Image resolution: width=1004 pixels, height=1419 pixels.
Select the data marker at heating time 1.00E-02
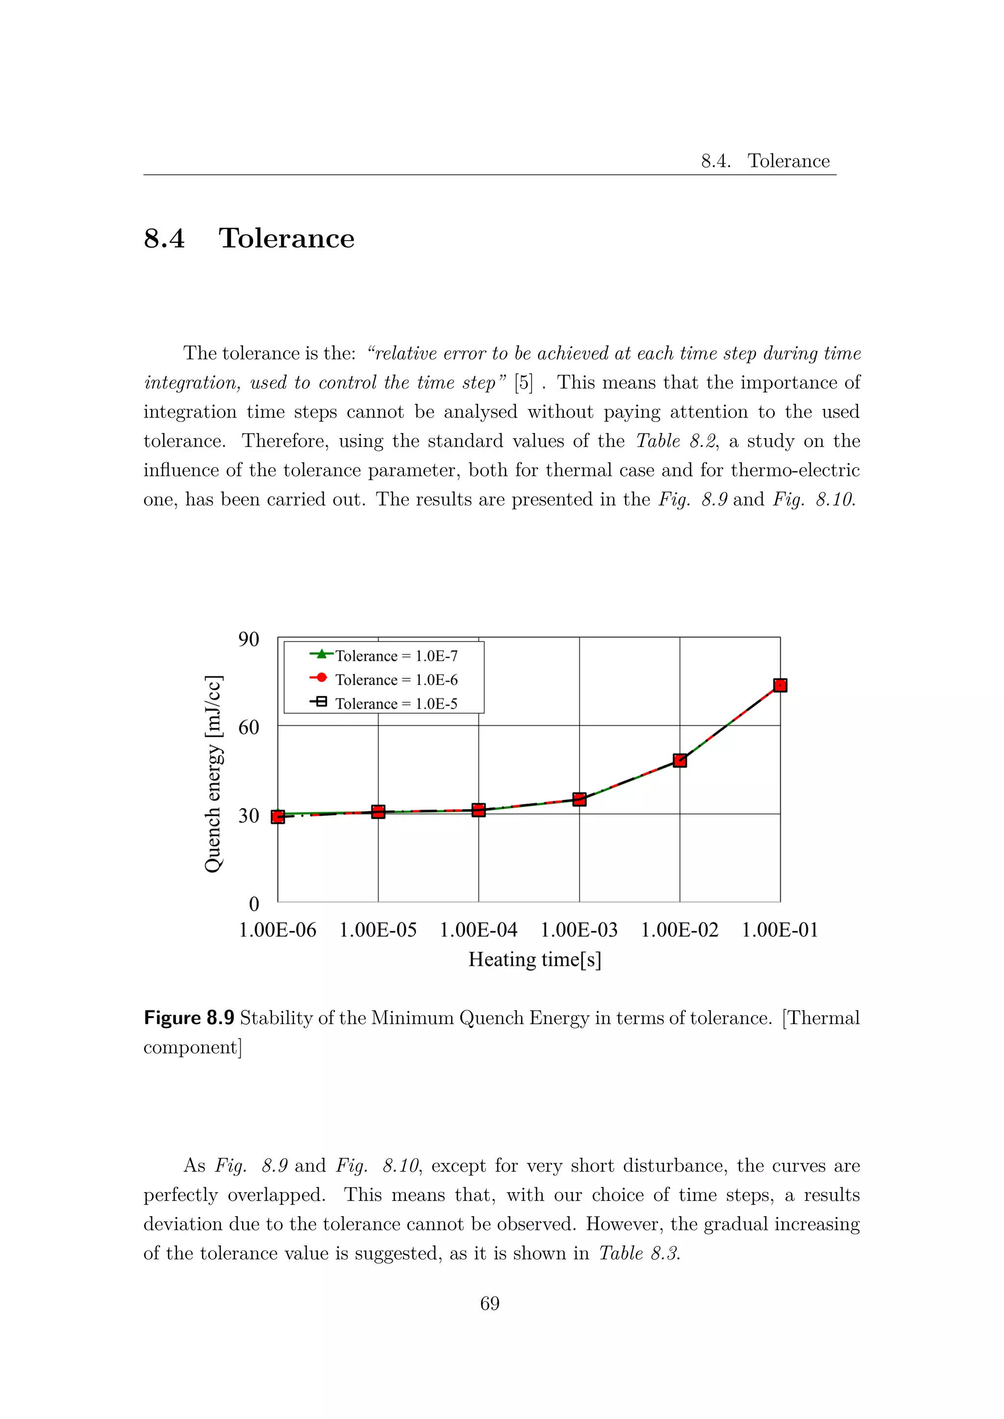680,760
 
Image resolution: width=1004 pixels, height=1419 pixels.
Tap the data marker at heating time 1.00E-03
579,799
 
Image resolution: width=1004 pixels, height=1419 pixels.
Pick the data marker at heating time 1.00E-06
278,816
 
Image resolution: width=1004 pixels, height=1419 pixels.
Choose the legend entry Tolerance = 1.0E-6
396,680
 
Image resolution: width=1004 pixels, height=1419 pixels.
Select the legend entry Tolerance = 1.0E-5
396,704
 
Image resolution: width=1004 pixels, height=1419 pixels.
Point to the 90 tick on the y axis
249,639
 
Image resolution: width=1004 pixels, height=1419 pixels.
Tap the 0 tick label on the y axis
253,904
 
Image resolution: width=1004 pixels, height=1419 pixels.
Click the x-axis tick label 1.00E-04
478,930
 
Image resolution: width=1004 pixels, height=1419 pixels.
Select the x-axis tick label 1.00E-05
378,930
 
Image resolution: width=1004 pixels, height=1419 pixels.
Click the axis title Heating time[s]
535,959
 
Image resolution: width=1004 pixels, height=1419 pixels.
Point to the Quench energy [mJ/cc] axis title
213,774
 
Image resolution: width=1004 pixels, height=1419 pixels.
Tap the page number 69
490,1303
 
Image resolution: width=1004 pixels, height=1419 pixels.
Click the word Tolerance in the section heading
286,239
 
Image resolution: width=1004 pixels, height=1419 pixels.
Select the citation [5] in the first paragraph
523,383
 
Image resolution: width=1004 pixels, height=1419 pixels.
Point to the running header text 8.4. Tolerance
765,161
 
